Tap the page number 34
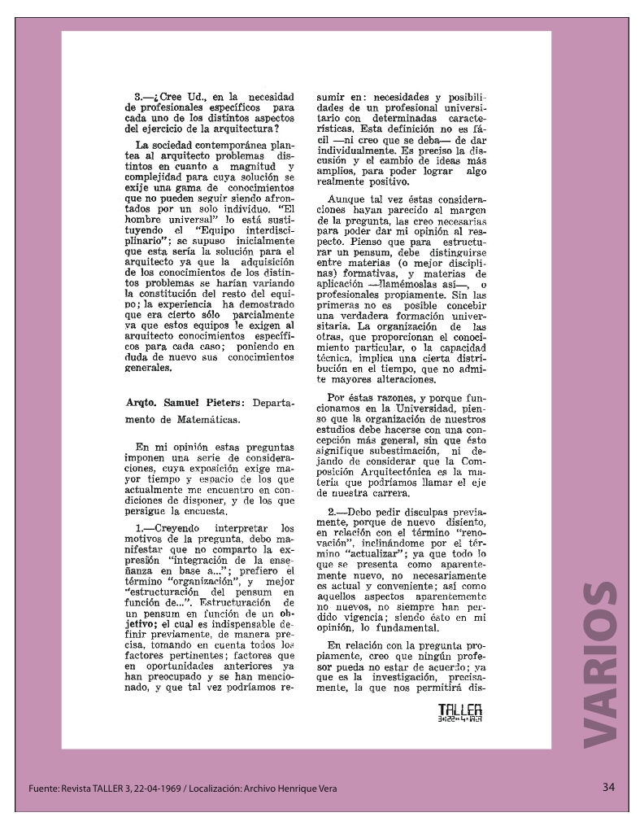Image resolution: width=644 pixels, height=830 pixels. [x=609, y=788]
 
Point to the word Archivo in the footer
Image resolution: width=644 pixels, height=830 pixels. [x=263, y=788]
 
